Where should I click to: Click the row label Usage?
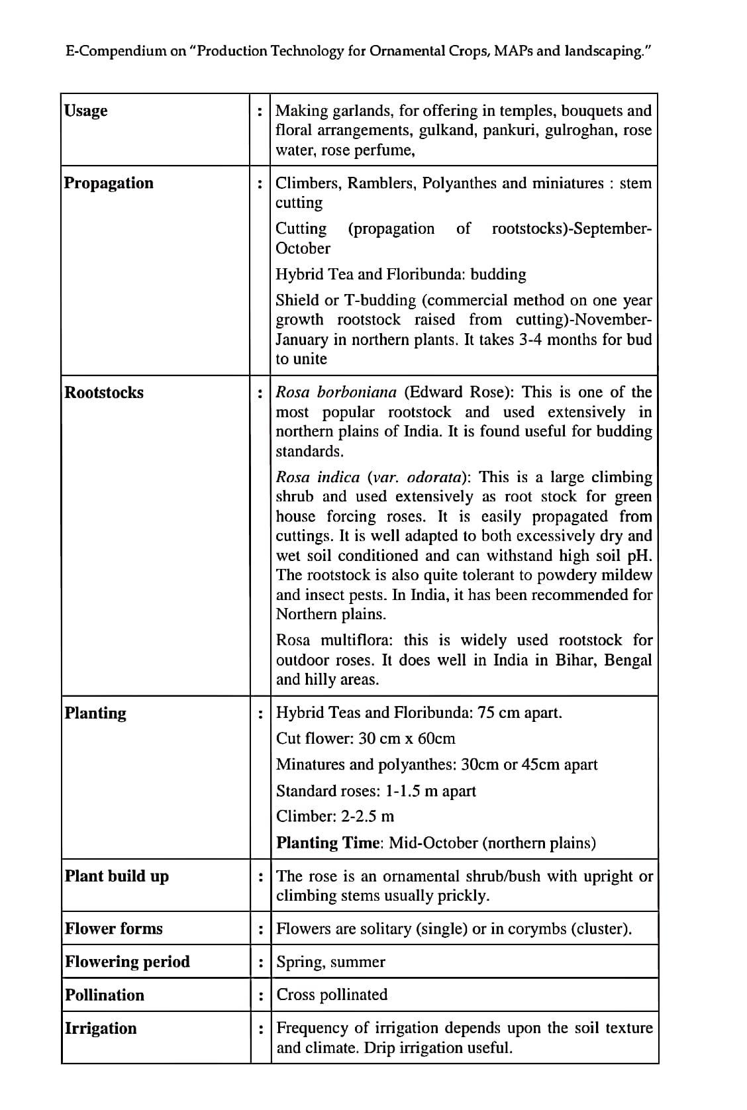pos(86,111)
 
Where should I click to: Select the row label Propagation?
pos(109,183)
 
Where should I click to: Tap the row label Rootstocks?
pos(104,392)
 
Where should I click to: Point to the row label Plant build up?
pos(117,876)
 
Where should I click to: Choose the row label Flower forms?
pos(113,928)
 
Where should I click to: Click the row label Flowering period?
pos(127,961)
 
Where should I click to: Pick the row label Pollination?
pos(105,995)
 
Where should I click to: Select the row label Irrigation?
pos(101,1028)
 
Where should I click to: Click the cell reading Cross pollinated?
pos(332,994)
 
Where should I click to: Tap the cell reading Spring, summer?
pos(330,962)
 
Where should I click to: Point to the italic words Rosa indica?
pos(318,477)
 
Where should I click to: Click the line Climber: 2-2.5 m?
pos(335,816)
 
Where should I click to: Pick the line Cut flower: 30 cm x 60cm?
pos(366,738)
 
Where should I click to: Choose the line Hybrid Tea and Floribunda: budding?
pos(401,274)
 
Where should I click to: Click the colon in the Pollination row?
pos(262,995)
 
